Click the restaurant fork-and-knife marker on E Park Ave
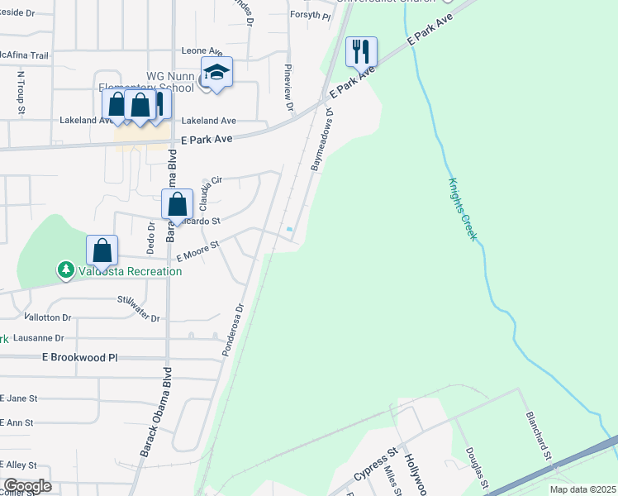361,52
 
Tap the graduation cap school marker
216,72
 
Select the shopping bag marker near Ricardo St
177,204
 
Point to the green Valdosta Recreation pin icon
64,270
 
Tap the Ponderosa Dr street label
234,330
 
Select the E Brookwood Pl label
80,357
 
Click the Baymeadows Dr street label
322,139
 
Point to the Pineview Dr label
288,88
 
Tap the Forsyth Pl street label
310,15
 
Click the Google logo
27,486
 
